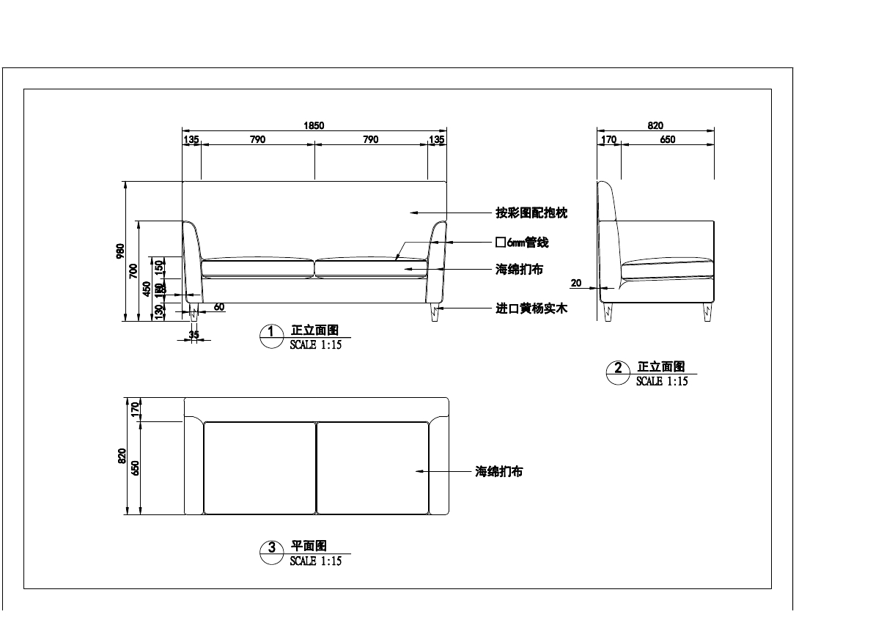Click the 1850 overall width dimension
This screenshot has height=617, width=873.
tap(314, 126)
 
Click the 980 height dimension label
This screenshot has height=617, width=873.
tap(120, 251)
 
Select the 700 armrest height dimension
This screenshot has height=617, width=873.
tap(133, 271)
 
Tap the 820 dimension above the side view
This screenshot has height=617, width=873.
tap(655, 126)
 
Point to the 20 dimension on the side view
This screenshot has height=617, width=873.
tap(575, 283)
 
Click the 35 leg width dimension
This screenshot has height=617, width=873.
tap(194, 335)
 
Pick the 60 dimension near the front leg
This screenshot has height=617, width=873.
tap(219, 307)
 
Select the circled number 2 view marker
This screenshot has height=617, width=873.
tap(618, 369)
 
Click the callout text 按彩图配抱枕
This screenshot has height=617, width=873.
tap(531, 213)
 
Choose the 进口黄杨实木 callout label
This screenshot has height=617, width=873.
tap(531, 309)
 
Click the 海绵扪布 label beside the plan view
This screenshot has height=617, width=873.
tap(499, 472)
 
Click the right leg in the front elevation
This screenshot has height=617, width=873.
tap(435, 314)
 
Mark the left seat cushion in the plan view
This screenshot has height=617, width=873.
tap(259, 468)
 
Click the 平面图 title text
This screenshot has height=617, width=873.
tap(309, 546)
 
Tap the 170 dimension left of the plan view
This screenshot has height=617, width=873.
tap(134, 409)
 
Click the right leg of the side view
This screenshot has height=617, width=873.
tap(707, 313)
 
